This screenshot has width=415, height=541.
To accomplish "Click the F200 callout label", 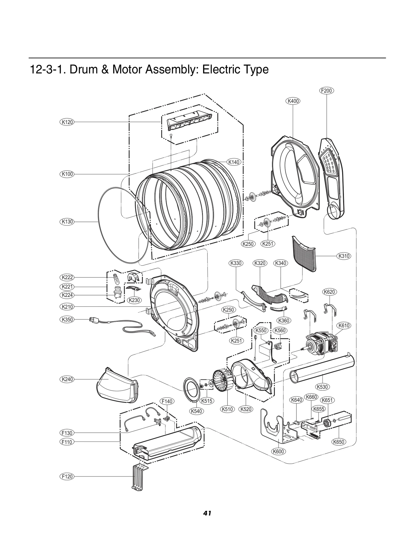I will click(x=326, y=91).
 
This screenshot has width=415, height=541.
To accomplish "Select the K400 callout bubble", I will click(x=293, y=101).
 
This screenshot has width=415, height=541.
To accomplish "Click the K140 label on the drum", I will click(x=234, y=162).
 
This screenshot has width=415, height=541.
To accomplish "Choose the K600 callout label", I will click(x=278, y=451).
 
